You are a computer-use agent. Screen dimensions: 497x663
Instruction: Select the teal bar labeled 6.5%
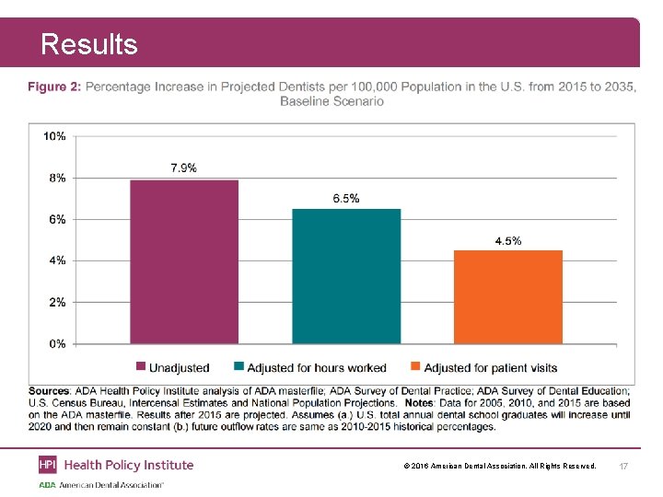[346, 276]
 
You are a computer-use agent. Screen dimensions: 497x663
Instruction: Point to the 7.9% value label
[183, 168]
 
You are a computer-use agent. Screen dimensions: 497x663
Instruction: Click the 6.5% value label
[346, 198]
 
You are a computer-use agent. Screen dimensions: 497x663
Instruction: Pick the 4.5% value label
[508, 240]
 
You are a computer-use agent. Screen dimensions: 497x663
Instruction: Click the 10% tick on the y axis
[54, 136]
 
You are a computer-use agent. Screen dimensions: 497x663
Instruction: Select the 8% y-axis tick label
[56, 178]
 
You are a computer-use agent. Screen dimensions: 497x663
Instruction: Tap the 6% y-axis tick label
[56, 219]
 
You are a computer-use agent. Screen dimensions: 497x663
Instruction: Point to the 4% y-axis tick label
[56, 260]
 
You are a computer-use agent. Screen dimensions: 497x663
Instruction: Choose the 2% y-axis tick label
[56, 302]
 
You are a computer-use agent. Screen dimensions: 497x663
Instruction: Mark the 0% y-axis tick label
[56, 343]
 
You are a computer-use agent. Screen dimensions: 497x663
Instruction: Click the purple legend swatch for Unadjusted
[141, 367]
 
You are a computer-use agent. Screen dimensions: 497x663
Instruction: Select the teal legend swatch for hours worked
[239, 367]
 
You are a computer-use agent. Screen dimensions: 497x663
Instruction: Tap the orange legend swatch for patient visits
[416, 367]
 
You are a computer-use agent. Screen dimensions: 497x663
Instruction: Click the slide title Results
[89, 44]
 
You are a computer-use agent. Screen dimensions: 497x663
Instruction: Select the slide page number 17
[623, 468]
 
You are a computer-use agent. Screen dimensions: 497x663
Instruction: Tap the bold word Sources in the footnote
[49, 392]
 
